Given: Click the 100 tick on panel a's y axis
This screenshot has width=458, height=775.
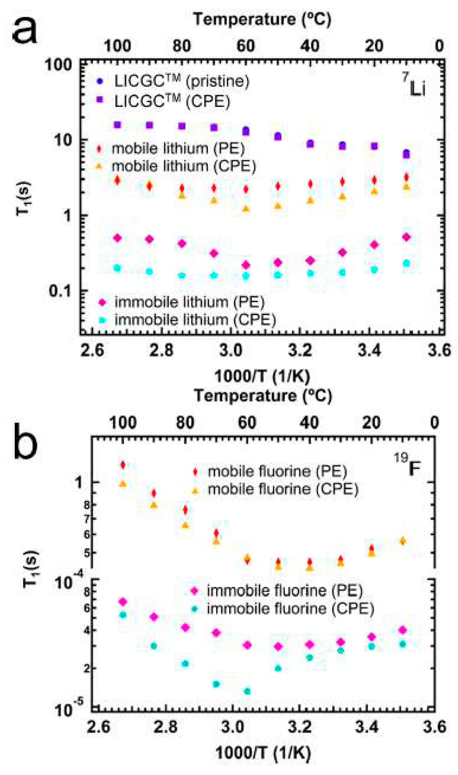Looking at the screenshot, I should coord(59,65).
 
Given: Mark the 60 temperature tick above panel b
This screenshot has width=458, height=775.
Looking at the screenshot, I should coord(247,423).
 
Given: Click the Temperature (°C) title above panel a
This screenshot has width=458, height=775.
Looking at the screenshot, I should coord(262,19).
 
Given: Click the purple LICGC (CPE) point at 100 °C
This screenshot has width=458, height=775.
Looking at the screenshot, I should coord(117,125).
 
